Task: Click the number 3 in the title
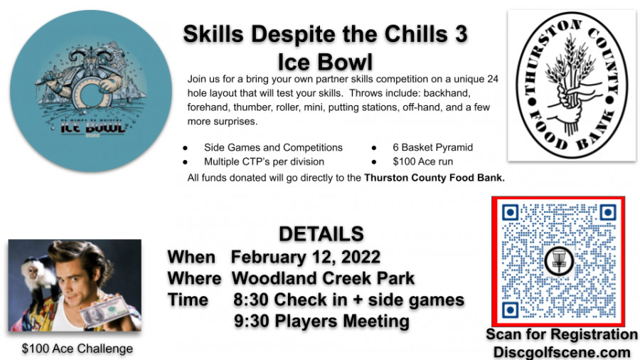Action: pos(462,34)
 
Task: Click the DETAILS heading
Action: pos(321,234)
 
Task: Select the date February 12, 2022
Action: pos(306,257)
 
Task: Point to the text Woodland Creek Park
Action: pos(323,278)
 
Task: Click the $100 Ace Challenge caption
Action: pos(77,349)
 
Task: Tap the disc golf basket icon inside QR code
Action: pos(559,261)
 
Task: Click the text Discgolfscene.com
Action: pos(562,352)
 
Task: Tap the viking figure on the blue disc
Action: pos(87,78)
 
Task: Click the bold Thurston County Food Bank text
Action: pos(434,178)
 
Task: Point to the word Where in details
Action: pos(194,278)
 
